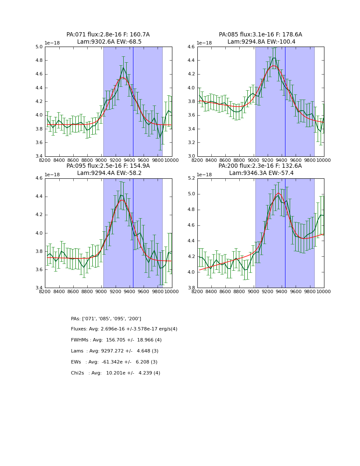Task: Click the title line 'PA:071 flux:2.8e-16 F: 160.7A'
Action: click(108, 35)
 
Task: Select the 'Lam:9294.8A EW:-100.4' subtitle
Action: click(260, 42)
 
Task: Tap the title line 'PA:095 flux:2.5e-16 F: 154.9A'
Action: click(108, 166)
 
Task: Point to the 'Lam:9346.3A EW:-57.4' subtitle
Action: click(260, 173)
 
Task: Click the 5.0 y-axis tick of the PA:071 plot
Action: click(39, 47)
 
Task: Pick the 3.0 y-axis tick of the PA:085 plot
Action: click(191, 156)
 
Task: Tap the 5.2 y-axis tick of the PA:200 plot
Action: click(191, 178)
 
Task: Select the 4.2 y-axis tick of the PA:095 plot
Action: click(39, 215)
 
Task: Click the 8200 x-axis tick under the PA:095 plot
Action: click(45, 291)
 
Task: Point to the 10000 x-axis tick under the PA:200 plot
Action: click(324, 291)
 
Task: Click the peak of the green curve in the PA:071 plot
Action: click(123, 68)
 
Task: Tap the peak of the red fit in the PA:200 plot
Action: click(278, 193)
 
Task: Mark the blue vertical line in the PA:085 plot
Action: click(285, 102)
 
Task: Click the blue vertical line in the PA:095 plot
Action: click(133, 233)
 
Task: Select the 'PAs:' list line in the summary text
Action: click(106, 319)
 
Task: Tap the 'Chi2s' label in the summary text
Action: click(77, 373)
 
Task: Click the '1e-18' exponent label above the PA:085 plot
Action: click(205, 43)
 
